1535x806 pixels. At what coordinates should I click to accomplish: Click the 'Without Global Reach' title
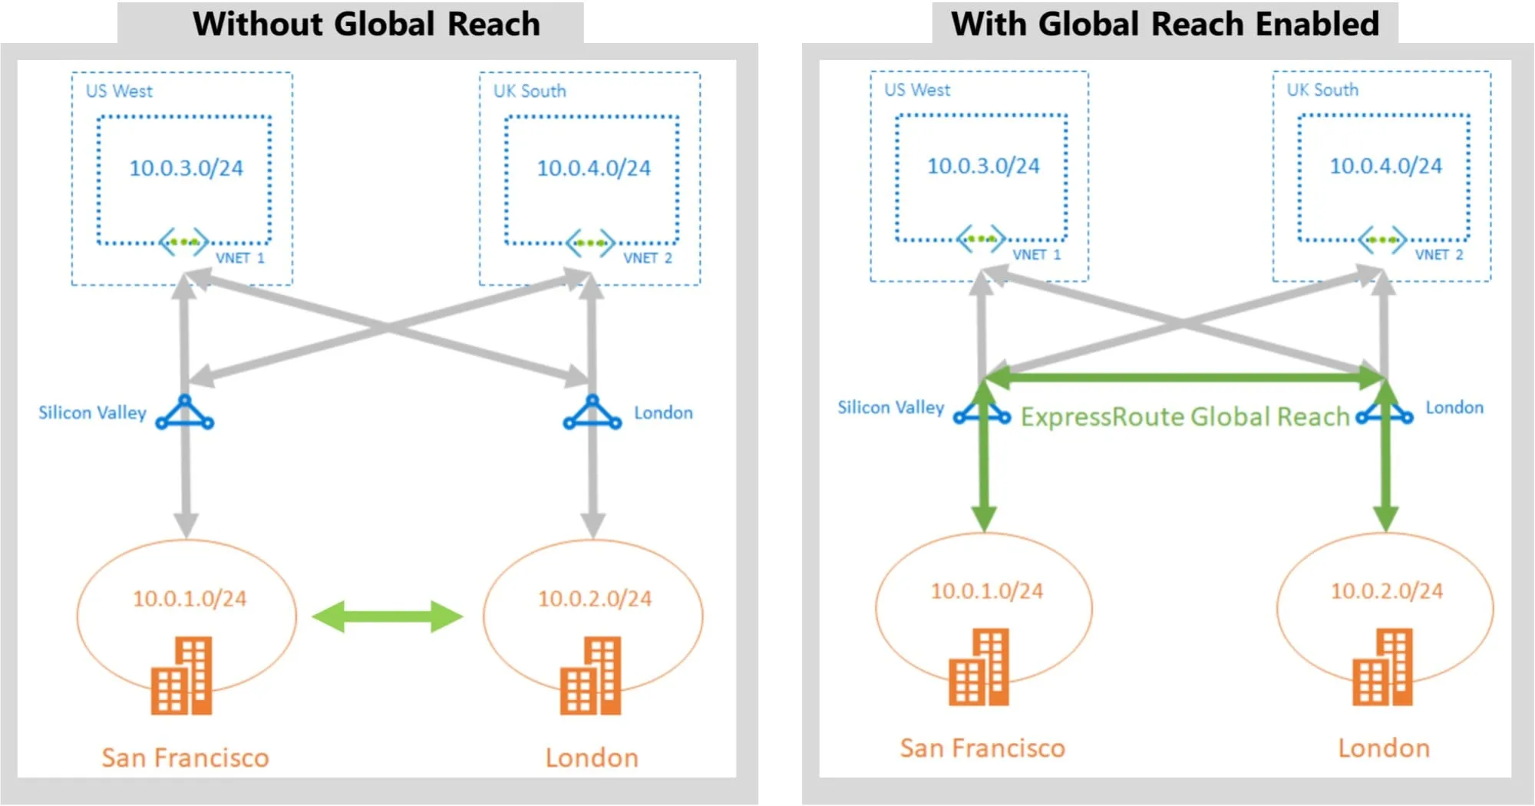tap(366, 24)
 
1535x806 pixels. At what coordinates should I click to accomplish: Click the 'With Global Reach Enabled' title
tap(1164, 24)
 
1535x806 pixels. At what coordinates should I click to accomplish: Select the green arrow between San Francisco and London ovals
tap(388, 616)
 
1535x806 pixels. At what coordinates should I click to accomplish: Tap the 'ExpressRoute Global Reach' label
tap(1184, 417)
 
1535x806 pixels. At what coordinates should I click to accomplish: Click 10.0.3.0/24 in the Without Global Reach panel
tap(186, 168)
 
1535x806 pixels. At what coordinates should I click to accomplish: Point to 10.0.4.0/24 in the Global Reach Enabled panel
tap(1385, 166)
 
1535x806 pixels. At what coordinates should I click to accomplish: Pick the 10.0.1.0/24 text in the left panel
tap(190, 599)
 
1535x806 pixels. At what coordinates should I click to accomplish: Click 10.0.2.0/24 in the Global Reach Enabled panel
tap(1386, 591)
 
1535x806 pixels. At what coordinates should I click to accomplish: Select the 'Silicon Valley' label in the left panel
tap(92, 413)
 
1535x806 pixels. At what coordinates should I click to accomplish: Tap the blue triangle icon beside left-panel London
tap(592, 414)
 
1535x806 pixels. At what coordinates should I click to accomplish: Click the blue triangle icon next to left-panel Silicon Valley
tap(185, 414)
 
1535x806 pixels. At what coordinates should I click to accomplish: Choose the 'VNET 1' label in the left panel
tap(239, 258)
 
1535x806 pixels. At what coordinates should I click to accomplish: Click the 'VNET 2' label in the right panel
tap(1439, 255)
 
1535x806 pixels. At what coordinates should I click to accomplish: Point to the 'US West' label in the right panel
tap(916, 90)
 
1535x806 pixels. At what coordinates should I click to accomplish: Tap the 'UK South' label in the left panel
tap(530, 91)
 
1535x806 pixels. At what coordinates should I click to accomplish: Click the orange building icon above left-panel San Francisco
tap(182, 676)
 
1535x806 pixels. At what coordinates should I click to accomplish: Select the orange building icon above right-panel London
tap(1381, 667)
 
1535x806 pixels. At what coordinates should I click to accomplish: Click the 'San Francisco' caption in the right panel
tap(982, 748)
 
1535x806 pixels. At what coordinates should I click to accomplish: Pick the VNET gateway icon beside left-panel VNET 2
tap(590, 243)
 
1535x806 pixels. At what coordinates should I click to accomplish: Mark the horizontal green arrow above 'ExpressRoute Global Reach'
tap(1184, 377)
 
